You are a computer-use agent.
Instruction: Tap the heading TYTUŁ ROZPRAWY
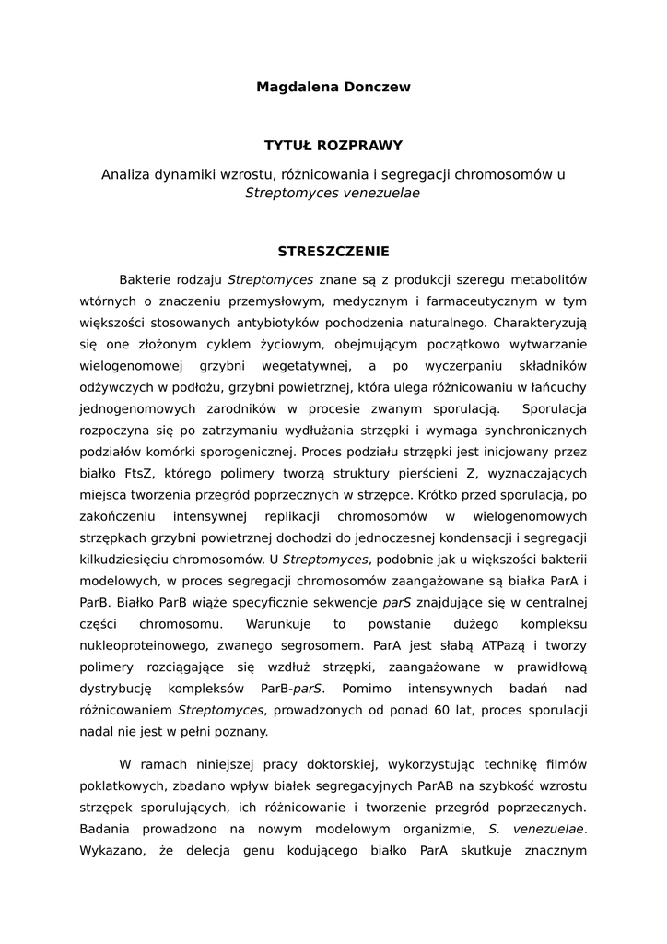coord(333,146)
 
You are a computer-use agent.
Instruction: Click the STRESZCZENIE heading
coord(333,251)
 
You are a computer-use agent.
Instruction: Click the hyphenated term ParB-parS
coord(300,689)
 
